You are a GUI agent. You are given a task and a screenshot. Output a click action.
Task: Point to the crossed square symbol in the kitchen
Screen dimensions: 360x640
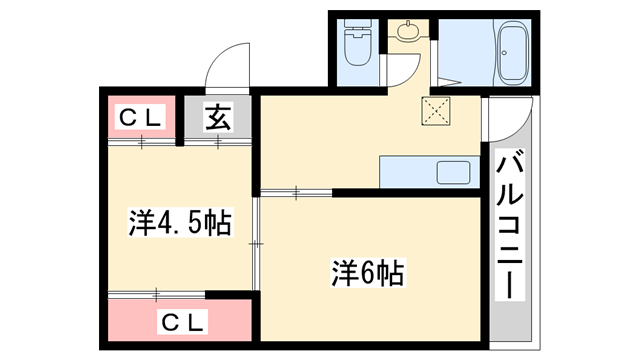click(437, 111)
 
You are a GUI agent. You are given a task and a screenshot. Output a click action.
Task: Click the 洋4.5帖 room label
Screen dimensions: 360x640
click(179, 222)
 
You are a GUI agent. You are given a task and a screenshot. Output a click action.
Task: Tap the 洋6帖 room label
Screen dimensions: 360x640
click(368, 271)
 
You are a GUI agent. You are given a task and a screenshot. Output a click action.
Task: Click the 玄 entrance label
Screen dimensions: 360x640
click(219, 118)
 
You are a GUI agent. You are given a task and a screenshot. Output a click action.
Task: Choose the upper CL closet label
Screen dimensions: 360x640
click(141, 117)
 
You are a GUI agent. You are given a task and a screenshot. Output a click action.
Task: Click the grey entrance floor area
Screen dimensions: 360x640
click(218, 120)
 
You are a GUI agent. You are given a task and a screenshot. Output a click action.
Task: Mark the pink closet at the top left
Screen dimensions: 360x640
click(141, 118)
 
